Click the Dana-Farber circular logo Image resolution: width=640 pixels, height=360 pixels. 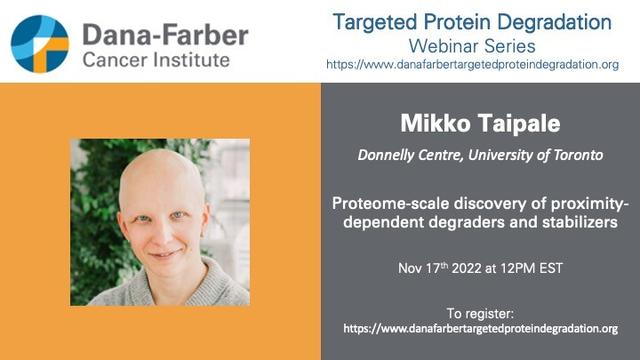click(x=40, y=44)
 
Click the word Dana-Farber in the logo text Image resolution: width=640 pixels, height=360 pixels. click(x=165, y=34)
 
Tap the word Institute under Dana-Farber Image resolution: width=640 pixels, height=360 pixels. click(x=191, y=60)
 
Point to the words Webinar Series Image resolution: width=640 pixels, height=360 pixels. click(x=472, y=46)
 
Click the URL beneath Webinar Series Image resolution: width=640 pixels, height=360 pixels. click(x=472, y=64)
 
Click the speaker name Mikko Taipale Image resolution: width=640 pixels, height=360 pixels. click(x=480, y=123)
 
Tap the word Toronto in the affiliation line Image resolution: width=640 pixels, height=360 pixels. click(x=578, y=155)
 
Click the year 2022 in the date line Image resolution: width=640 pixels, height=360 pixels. click(x=467, y=268)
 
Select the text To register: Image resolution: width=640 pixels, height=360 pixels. click(x=480, y=314)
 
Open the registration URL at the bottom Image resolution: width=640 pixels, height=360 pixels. click(x=480, y=329)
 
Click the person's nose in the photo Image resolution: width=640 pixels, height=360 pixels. click(x=164, y=233)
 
